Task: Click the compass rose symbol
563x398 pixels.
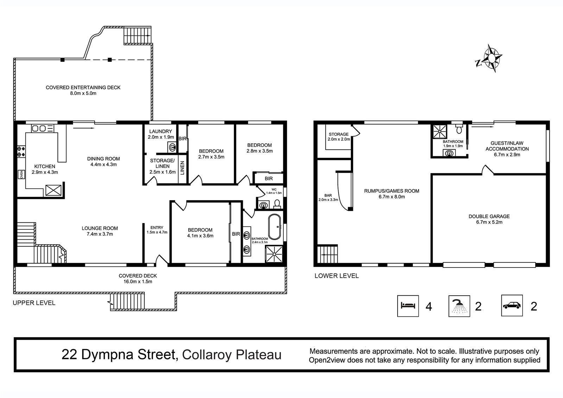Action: (491, 59)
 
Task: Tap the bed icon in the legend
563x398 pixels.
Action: (408, 306)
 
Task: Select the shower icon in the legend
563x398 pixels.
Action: (459, 306)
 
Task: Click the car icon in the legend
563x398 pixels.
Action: (512, 305)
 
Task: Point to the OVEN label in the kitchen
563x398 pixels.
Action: (21, 174)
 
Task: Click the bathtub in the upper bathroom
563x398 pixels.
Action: (274, 227)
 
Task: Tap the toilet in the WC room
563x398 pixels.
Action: (277, 204)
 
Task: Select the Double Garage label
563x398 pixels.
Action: (489, 219)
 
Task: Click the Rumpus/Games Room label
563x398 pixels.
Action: (392, 194)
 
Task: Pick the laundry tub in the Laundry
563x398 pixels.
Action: (172, 147)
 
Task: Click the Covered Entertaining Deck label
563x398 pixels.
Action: (83, 90)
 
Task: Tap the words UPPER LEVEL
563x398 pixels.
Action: (34, 303)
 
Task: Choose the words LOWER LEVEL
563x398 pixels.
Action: (336, 276)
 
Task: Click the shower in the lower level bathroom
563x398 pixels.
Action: (440, 131)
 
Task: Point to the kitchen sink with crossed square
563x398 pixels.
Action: (53, 190)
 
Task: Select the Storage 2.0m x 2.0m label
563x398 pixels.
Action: (339, 137)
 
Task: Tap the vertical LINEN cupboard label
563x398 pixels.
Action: (183, 168)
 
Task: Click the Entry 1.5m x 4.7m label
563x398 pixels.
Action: (157, 230)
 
